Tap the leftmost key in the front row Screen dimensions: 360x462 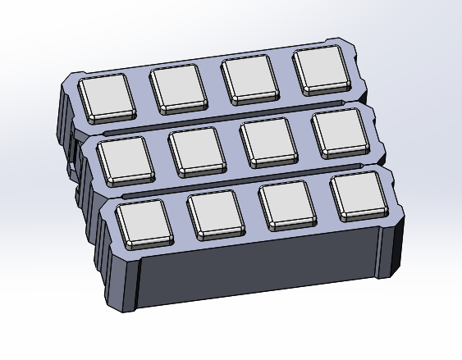144,222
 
